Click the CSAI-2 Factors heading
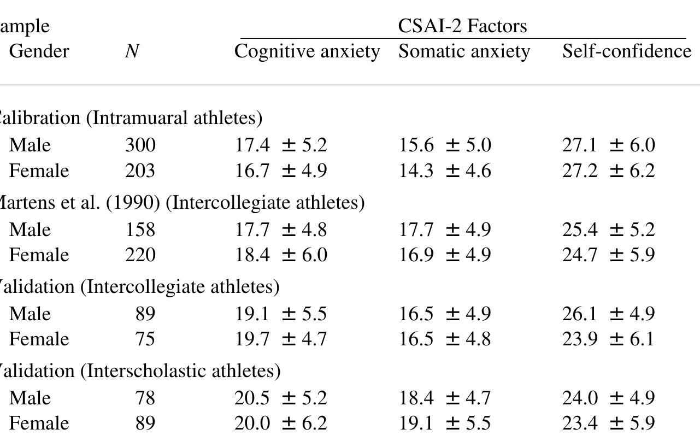(x=462, y=26)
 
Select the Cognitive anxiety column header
(x=307, y=51)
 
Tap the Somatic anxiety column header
(x=464, y=51)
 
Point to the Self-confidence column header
(x=626, y=51)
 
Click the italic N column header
(x=131, y=51)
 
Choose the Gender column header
(x=39, y=51)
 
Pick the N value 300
(x=140, y=145)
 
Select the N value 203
(x=140, y=171)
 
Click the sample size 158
(x=140, y=230)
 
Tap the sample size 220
(x=140, y=255)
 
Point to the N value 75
(x=145, y=339)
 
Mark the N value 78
(x=145, y=398)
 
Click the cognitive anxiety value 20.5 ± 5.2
(x=280, y=398)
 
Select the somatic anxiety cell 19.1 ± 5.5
(x=445, y=424)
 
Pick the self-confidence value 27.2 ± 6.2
(x=608, y=171)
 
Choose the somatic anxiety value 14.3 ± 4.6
(x=445, y=171)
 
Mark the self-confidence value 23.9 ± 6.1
(x=608, y=339)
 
